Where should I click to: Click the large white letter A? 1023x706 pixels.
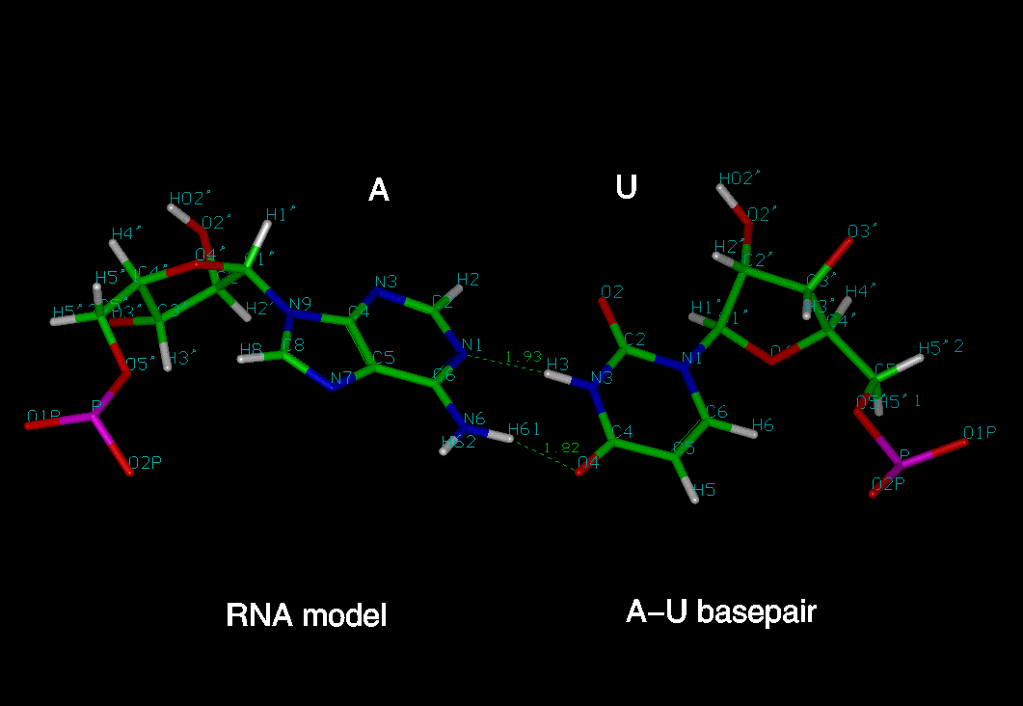click(x=379, y=190)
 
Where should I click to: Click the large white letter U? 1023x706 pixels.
click(x=626, y=186)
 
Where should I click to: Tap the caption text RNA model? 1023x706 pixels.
click(x=306, y=614)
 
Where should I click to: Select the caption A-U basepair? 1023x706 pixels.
click(x=720, y=611)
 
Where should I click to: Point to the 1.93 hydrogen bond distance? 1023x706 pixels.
click(x=523, y=357)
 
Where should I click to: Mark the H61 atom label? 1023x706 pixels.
click(x=525, y=429)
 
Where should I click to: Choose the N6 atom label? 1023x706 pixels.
click(x=473, y=420)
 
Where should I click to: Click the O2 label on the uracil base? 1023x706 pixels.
click(x=612, y=292)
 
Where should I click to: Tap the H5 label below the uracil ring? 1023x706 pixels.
click(x=705, y=490)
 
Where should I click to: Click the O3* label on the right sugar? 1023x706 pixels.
click(x=863, y=231)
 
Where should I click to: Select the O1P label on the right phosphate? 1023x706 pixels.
click(x=980, y=432)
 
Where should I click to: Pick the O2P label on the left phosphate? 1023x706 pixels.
click(x=145, y=463)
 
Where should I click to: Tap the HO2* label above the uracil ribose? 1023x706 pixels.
click(x=740, y=177)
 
